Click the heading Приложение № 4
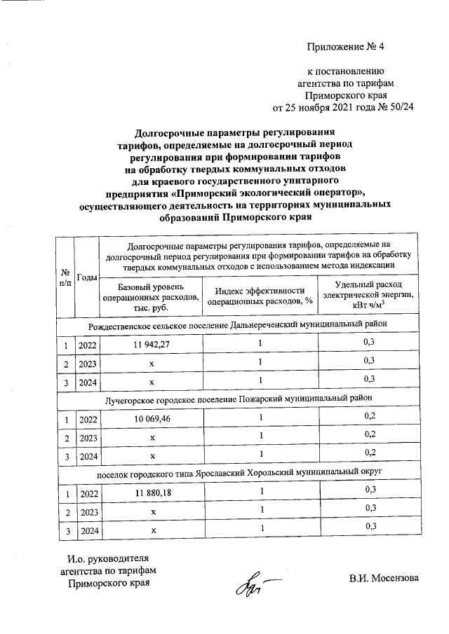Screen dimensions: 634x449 [x=346, y=47]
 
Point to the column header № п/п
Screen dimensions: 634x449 [x=65, y=278]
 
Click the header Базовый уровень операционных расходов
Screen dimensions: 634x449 [x=151, y=298]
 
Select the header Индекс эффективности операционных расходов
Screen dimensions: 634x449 [x=260, y=298]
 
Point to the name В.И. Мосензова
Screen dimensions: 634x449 [x=384, y=579]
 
